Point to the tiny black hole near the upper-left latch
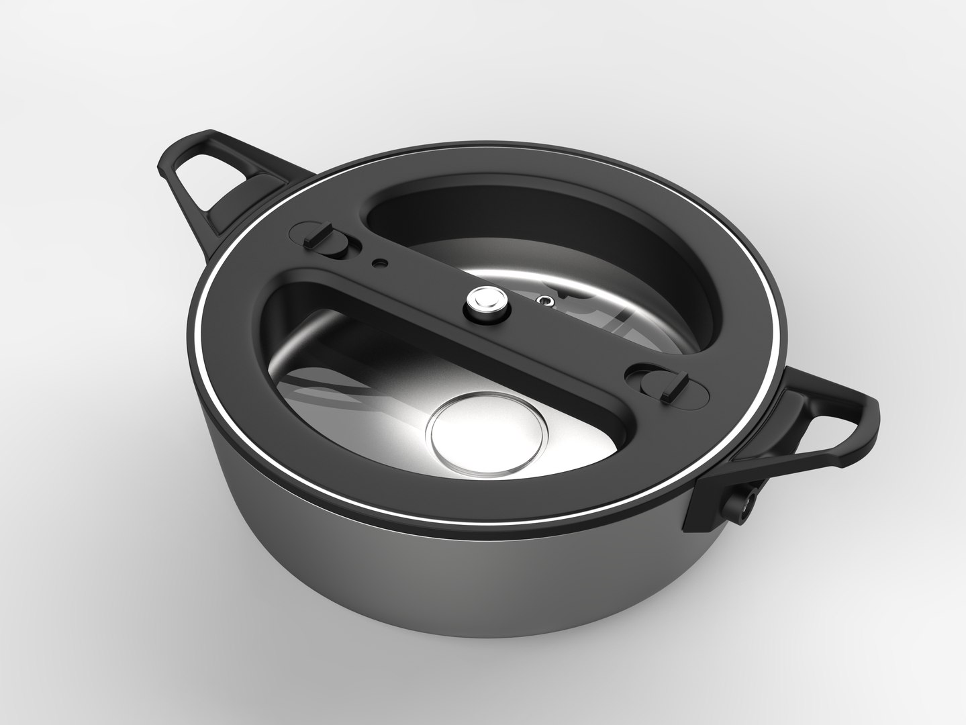(x=381, y=262)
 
